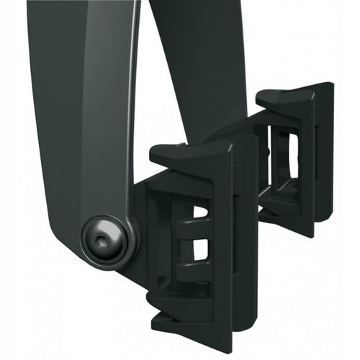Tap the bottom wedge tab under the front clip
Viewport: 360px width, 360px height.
[180, 317]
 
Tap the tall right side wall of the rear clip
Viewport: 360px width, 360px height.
[324, 158]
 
